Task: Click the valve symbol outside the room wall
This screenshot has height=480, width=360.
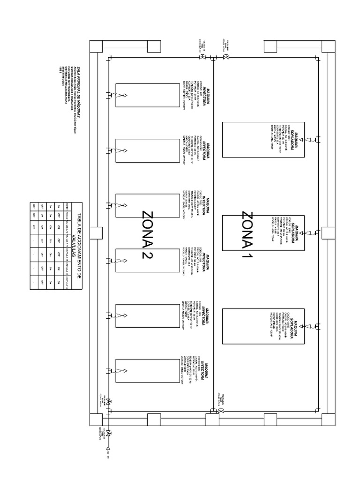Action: [108, 432]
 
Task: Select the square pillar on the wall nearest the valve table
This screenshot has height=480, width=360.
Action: [96, 233]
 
